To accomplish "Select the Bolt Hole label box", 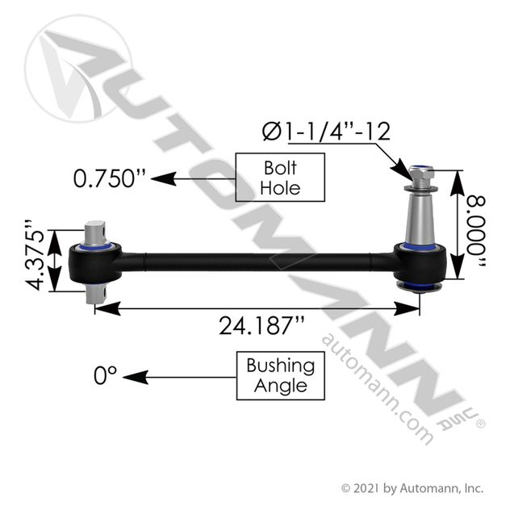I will pyautogui.click(x=281, y=178).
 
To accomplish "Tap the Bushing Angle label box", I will pyautogui.click(x=281, y=376).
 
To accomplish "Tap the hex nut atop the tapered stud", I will pyautogui.click(x=421, y=173).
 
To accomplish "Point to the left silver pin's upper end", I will pyautogui.click(x=98, y=231).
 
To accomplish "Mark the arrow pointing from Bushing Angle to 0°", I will pyautogui.click(x=178, y=376).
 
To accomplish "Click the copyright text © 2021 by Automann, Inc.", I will pyautogui.click(x=412, y=488).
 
